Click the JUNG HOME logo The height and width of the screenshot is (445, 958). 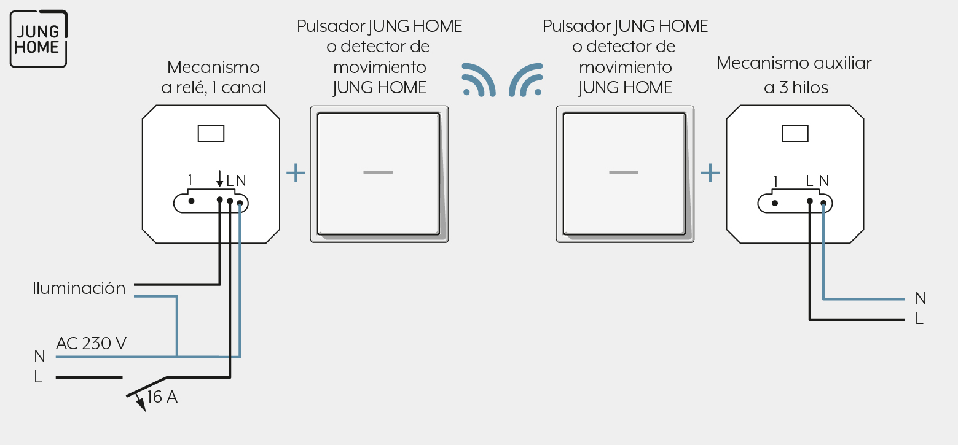point(39,39)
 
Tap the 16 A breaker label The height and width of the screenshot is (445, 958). point(162,397)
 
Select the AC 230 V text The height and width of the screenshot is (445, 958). point(91,343)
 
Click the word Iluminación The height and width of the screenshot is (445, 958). point(79,288)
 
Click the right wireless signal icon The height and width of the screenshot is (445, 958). point(525,80)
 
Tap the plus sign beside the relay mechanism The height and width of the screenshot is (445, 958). point(296,173)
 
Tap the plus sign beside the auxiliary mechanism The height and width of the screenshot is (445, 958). point(710,173)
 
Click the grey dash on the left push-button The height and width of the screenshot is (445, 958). point(378,172)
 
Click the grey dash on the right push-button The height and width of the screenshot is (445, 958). point(624,172)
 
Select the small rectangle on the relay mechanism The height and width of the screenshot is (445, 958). point(211,134)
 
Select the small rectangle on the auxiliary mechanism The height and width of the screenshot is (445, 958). point(795,134)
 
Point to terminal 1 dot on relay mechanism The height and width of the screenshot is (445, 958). point(191,201)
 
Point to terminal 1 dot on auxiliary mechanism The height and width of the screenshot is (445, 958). point(775,203)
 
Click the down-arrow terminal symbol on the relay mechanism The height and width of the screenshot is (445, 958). point(220,178)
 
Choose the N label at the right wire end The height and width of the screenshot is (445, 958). point(921,299)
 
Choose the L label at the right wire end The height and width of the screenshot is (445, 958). point(919,319)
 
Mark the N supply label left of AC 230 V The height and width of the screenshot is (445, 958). point(40,356)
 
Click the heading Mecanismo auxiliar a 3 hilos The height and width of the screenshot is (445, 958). point(795,75)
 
